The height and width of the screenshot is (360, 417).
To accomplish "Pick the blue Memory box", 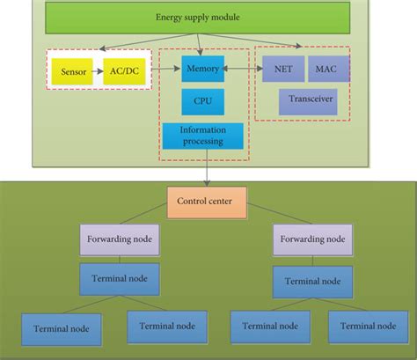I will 201,68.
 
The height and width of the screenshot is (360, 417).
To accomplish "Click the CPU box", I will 201,102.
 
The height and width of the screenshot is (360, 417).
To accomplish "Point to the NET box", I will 282,68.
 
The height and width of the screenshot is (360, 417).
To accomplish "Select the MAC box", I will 328,68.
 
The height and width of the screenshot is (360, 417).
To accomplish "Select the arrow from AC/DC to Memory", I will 165,69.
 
